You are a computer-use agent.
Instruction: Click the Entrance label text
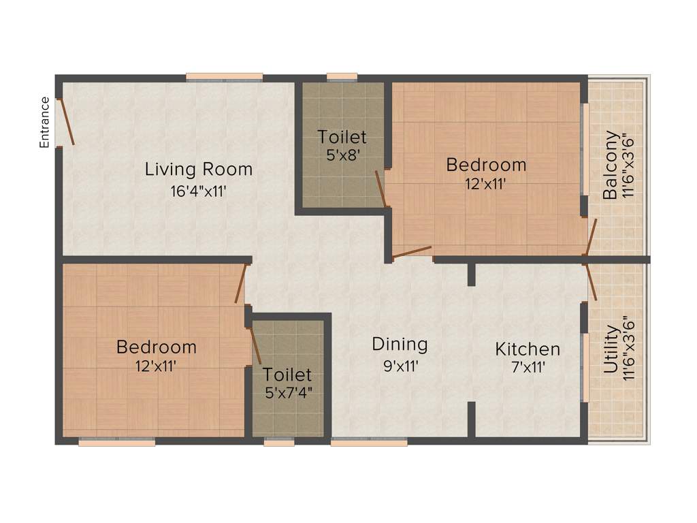click(45, 123)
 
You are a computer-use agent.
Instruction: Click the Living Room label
click(198, 169)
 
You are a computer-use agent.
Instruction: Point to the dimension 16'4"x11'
click(198, 191)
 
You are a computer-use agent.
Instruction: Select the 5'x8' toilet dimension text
click(342, 155)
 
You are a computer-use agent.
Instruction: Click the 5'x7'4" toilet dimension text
click(287, 393)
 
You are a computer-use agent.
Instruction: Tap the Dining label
click(400, 344)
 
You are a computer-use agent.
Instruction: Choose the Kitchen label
click(528, 349)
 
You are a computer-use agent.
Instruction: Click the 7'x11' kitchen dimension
click(528, 368)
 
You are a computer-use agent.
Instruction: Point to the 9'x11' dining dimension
click(400, 366)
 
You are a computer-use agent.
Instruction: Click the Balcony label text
click(611, 165)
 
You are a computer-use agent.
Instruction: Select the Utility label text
click(611, 349)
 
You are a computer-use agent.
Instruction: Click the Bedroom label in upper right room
click(486, 165)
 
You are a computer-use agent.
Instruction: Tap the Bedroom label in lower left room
click(156, 347)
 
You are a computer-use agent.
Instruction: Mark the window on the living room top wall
click(225, 78)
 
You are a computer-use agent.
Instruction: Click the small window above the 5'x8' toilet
click(342, 78)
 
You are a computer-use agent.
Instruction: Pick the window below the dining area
click(369, 442)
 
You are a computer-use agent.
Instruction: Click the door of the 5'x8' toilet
click(382, 189)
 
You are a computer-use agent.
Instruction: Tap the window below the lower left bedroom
click(116, 442)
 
